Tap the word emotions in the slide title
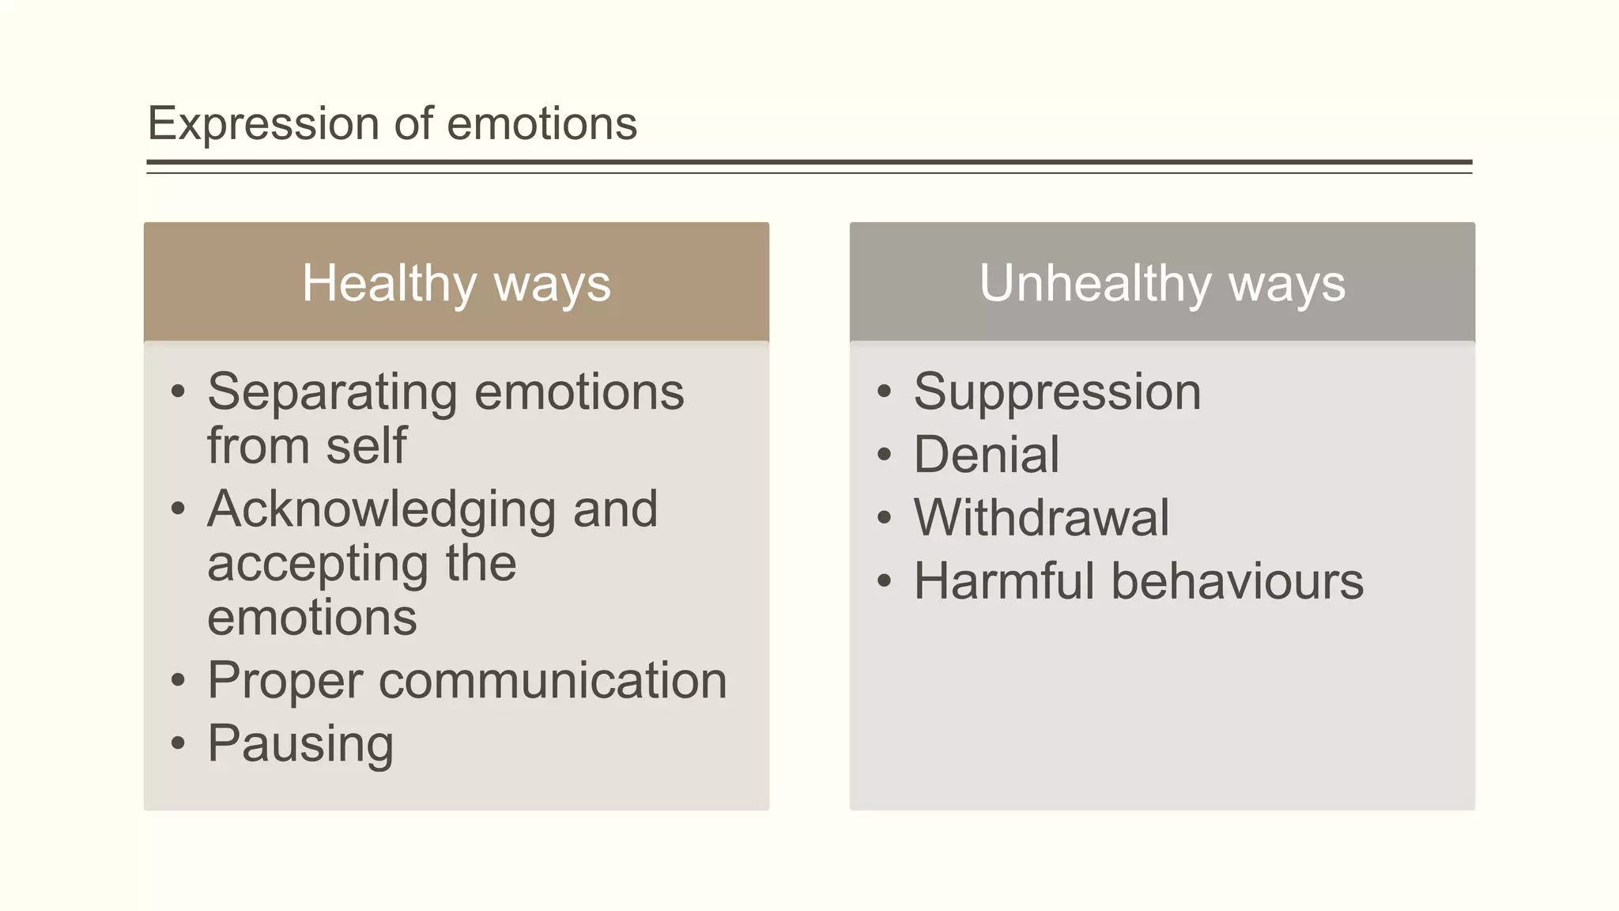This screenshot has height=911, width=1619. point(542,124)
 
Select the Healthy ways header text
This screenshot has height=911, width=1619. point(456,283)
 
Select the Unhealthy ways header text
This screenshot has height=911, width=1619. point(1162,283)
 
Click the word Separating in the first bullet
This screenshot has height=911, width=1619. point(332,392)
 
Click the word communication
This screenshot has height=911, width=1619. point(553,681)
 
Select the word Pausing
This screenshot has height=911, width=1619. point(300,744)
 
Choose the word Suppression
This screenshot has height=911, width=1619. point(1057,392)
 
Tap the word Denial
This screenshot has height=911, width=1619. point(986,455)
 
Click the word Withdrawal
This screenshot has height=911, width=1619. point(1041,518)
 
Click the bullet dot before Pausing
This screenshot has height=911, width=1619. point(178,743)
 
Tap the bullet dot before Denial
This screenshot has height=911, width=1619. point(884,455)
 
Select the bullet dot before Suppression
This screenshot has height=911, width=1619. point(884,391)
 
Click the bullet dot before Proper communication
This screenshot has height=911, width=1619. point(178,680)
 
